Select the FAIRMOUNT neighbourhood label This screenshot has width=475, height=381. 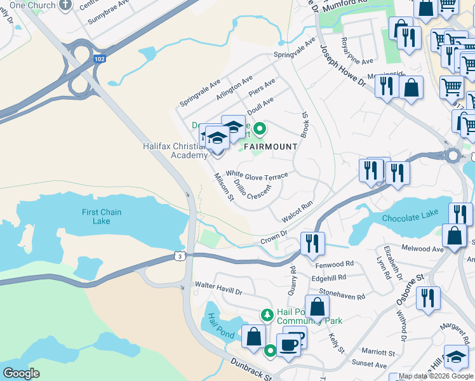pyautogui.click(x=270, y=147)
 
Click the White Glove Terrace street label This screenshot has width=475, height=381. pyautogui.click(x=257, y=175)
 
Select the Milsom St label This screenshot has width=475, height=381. pyautogui.click(x=224, y=187)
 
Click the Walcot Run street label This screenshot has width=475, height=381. pyautogui.click(x=298, y=211)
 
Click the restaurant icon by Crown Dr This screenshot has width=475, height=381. pyautogui.click(x=312, y=244)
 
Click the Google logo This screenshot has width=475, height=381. pyautogui.click(x=22, y=373)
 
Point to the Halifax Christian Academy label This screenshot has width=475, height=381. pyautogui.click(x=174, y=150)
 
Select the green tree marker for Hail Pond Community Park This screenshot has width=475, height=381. pyautogui.click(x=267, y=314)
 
